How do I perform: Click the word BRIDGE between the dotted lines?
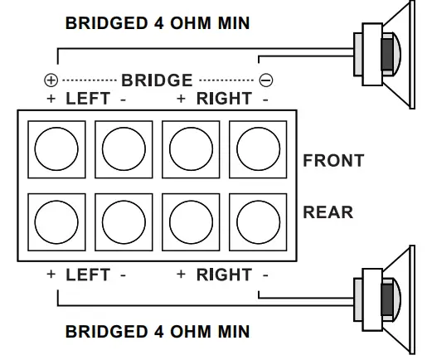[158, 80]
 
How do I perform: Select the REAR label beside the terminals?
[328, 212]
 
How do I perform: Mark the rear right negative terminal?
[257, 220]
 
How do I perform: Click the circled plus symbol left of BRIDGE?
[51, 81]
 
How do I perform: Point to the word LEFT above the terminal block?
[88, 99]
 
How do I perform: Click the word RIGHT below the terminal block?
[224, 275]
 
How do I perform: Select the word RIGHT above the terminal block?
[224, 99]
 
